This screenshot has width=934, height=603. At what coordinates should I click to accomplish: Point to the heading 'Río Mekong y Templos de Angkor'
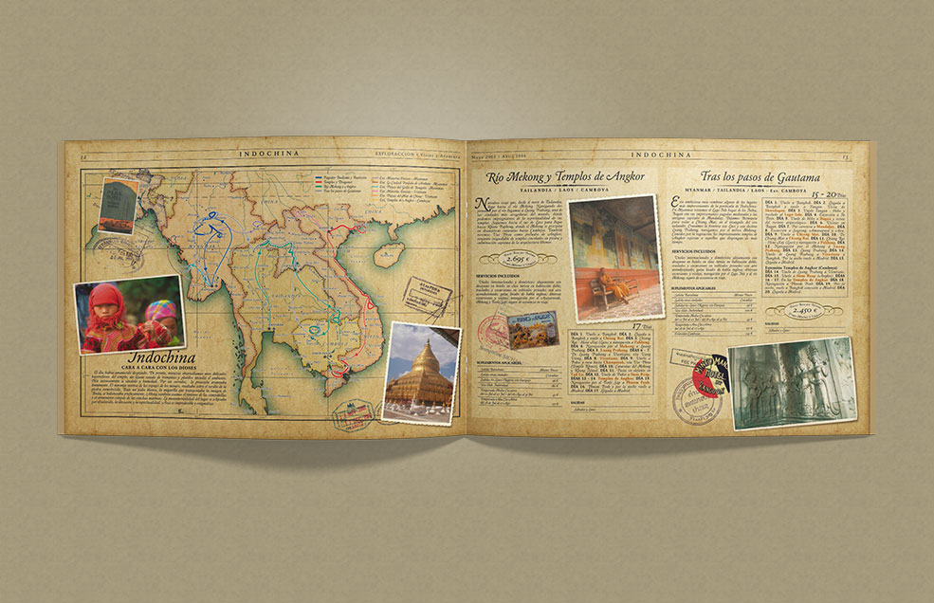click(x=565, y=176)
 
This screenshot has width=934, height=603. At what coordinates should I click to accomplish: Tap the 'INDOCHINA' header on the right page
click(x=663, y=150)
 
